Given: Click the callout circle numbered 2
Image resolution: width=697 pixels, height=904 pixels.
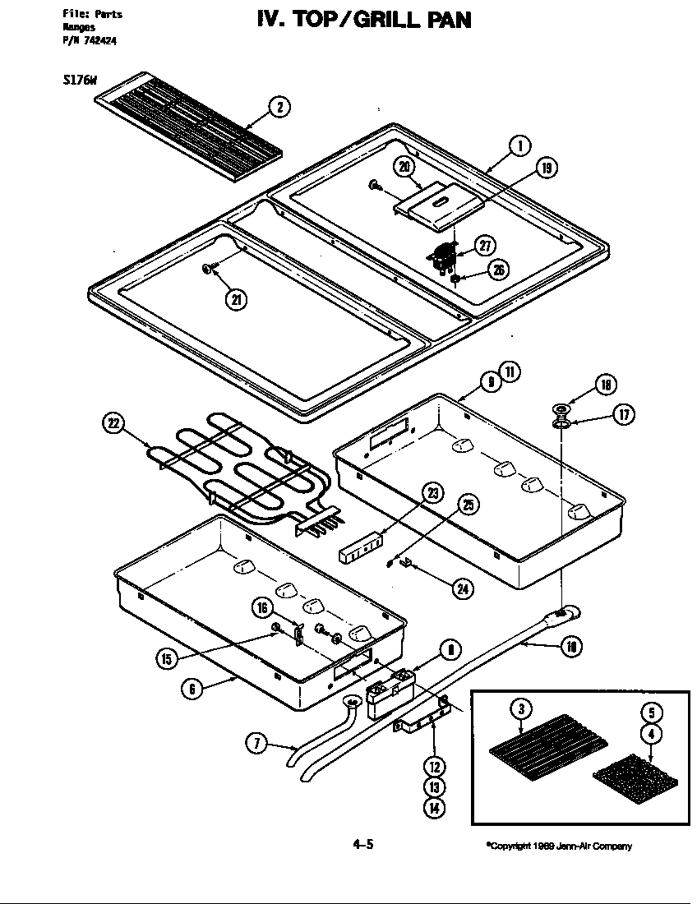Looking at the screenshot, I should point(279,107).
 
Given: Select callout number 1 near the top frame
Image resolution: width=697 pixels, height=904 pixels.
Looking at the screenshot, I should point(519,146).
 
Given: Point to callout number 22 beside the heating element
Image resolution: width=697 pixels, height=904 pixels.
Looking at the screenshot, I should point(113,424).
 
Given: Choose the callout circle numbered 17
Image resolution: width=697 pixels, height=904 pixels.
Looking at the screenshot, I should point(622,415).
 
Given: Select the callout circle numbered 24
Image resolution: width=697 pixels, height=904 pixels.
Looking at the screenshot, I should point(463,588).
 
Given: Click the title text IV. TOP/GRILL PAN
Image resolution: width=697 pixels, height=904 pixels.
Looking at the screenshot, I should point(364,18).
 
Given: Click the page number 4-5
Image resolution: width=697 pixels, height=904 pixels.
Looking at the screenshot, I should point(363,844).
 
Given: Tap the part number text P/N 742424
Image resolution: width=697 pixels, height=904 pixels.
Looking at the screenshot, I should point(90,43).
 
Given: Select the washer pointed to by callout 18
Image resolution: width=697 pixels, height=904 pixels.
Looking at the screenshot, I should point(562,408).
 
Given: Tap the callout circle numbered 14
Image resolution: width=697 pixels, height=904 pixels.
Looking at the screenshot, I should point(434,808).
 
